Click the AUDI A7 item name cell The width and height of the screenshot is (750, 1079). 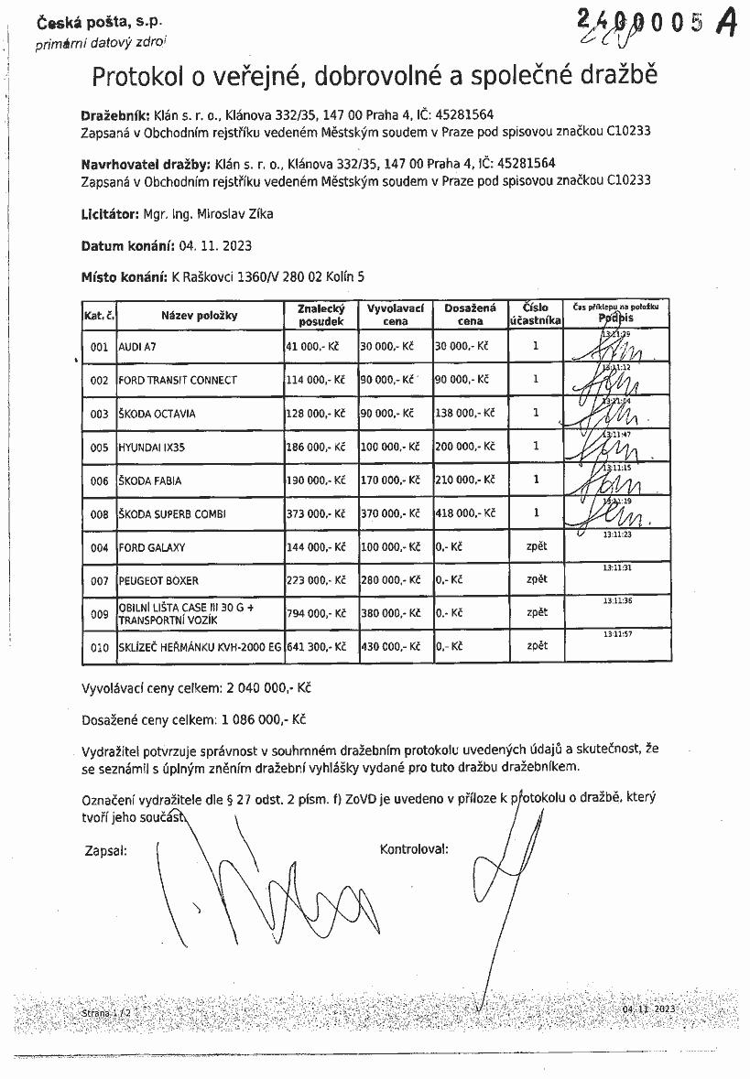click(136, 348)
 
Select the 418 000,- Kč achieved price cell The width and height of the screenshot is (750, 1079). click(464, 513)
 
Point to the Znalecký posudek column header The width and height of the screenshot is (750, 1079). click(321, 315)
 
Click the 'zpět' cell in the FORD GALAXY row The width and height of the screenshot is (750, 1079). click(537, 545)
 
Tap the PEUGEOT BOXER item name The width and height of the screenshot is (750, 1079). click(158, 580)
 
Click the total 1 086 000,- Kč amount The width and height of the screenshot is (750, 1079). click(263, 719)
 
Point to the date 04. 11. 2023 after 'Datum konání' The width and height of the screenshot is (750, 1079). click(215, 246)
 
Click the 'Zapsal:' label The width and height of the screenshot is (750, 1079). click(104, 849)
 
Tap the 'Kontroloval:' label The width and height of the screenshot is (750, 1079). click(414, 849)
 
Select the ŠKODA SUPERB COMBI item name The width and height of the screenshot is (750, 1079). click(172, 513)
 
